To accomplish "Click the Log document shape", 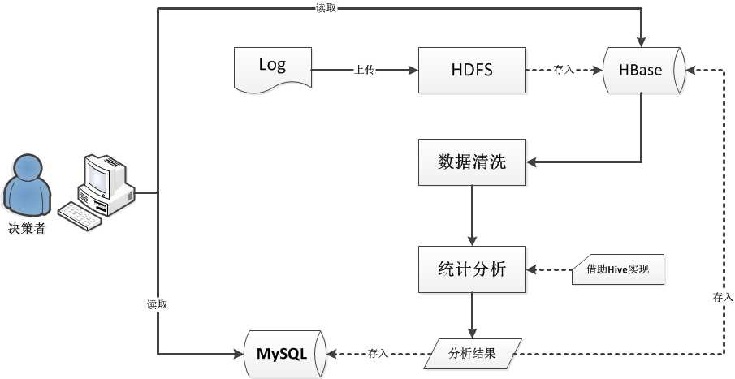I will [x=271, y=68].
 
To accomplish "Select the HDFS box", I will [x=472, y=70].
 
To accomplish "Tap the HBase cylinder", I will [x=642, y=70].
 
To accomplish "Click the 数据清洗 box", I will [x=472, y=162].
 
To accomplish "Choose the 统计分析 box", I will [x=472, y=269].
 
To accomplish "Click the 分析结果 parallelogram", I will [x=472, y=353].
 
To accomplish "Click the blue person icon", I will [x=24, y=186].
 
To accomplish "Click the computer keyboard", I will [x=80, y=215].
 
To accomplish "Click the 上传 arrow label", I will [x=364, y=70].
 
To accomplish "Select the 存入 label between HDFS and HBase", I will [x=564, y=71].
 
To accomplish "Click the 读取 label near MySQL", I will [x=158, y=304].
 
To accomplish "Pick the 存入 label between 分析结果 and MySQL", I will [x=378, y=354].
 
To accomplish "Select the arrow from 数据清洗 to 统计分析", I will [x=472, y=215].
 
